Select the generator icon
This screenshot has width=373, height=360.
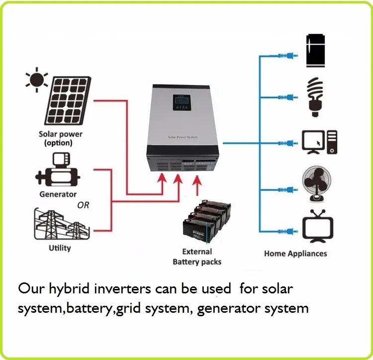click(58, 172)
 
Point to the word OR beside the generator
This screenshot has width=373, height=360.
click(83, 205)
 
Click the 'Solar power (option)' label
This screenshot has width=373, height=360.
click(61, 139)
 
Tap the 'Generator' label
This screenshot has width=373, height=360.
click(58, 194)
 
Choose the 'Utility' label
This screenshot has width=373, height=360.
click(60, 248)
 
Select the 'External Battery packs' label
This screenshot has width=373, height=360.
click(197, 257)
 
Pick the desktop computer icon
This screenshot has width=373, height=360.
click(320, 141)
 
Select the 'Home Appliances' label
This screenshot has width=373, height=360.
click(295, 254)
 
